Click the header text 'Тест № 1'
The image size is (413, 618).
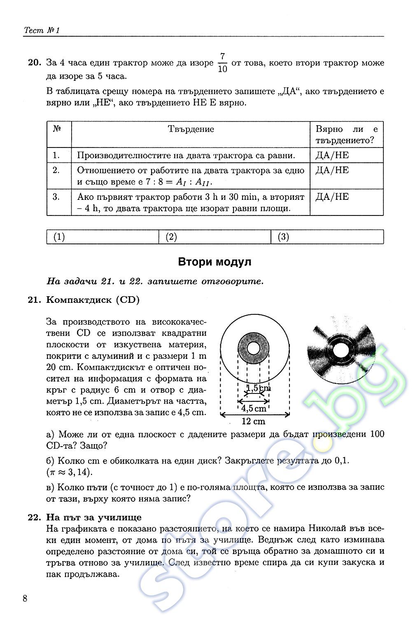42,30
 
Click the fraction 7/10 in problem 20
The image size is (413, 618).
222,63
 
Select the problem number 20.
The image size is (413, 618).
35,63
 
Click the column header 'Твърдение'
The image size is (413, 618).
191,129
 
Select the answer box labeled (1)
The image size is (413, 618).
103,237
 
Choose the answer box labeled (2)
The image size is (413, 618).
215,237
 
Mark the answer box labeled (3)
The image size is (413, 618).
327,237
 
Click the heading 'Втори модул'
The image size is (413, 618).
214,262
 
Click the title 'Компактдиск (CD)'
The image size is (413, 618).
93,300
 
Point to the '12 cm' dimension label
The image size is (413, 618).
254,421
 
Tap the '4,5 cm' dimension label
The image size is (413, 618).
254,408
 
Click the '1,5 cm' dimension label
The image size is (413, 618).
258,388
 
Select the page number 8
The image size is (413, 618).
26,598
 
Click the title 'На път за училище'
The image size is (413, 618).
94,517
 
